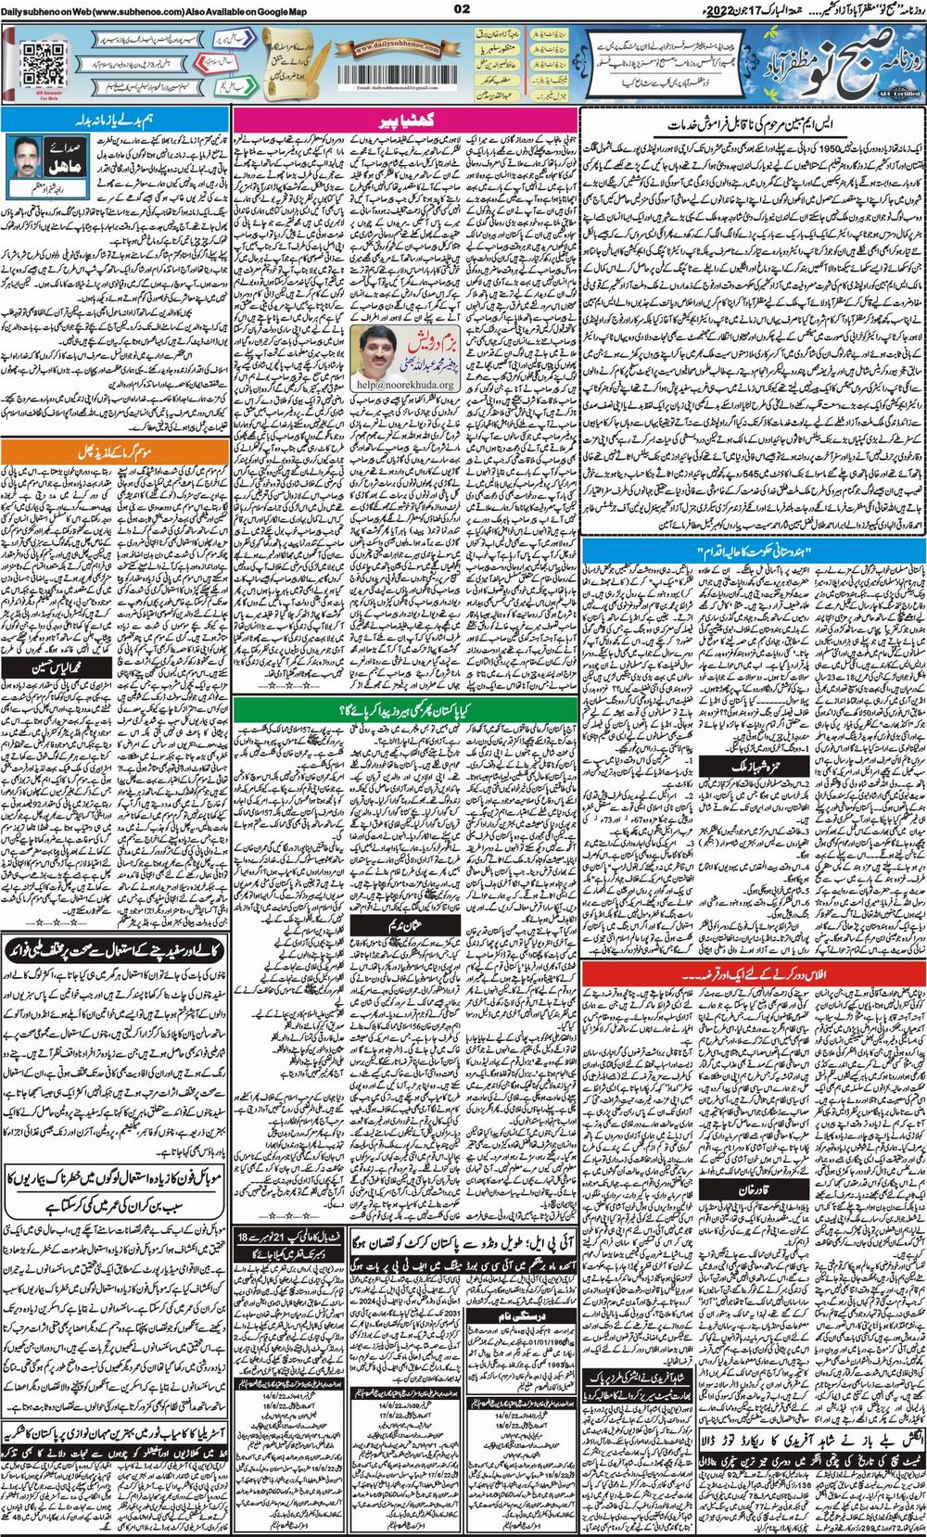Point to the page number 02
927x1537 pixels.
click(x=462, y=9)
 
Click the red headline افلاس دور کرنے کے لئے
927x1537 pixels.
click(x=754, y=974)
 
